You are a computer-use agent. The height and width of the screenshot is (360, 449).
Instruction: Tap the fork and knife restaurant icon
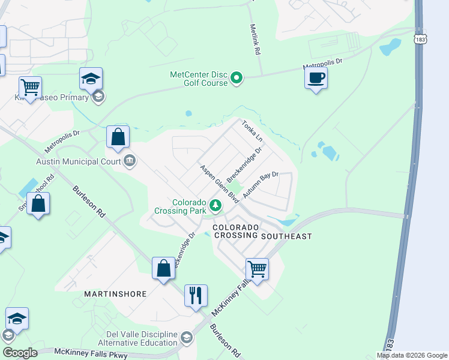196,296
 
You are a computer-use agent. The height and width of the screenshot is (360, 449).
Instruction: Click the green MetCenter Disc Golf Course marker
237,78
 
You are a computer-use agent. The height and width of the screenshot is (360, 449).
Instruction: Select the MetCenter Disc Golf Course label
199,79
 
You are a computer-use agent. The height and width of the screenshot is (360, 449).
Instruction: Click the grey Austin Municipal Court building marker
130,160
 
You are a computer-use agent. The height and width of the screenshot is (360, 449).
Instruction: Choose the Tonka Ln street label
252,131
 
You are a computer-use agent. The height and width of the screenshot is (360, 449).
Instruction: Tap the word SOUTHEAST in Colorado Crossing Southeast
286,236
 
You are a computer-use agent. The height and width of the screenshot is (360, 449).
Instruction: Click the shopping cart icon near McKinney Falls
257,269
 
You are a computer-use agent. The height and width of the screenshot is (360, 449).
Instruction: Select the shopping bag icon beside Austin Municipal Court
118,137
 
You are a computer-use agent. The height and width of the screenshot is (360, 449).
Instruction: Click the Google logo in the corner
20,353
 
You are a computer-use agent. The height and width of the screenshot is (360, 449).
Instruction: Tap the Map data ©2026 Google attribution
412,355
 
